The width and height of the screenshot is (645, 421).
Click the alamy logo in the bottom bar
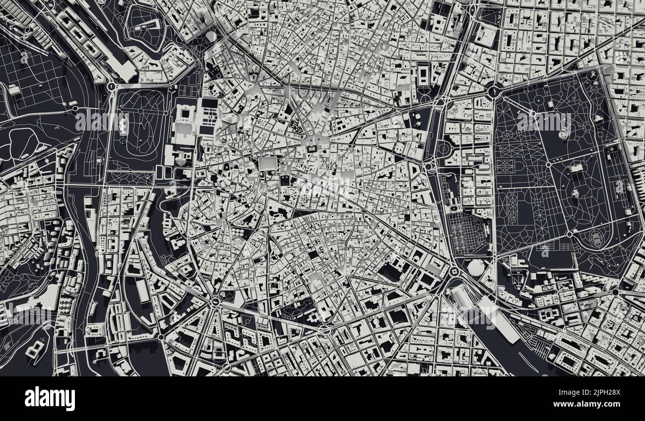(50, 399)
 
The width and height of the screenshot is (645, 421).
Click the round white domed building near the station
(476, 268)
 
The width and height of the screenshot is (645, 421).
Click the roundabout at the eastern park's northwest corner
(494, 91)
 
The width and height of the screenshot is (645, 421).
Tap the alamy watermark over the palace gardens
(102, 121)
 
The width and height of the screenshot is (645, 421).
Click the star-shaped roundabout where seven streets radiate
(215, 301)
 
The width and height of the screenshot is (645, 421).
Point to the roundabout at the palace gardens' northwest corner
(111, 86)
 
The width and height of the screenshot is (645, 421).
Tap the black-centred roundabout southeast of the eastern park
(615, 292)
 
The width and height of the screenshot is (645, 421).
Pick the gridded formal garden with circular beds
(468, 233)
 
